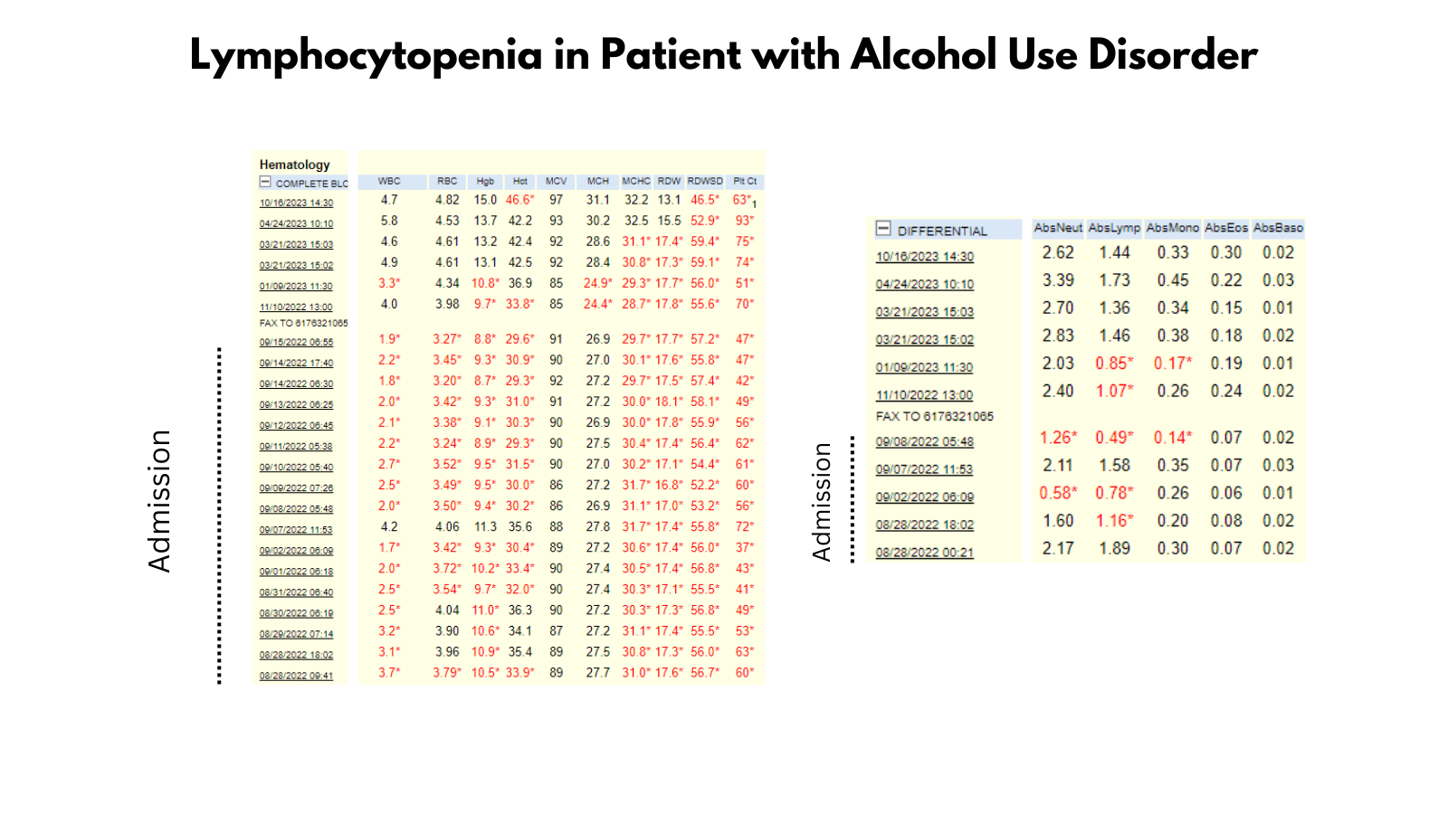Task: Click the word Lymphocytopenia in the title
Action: point(366,56)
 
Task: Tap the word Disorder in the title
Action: point(1172,56)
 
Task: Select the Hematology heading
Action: point(294,165)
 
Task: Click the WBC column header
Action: point(389,181)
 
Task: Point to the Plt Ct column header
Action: point(745,181)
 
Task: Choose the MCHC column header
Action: point(636,181)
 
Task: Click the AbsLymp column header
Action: point(1114,228)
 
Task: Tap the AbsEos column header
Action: point(1226,228)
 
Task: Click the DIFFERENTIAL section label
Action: point(942,231)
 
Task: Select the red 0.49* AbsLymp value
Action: point(1114,438)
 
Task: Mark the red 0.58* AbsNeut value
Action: point(1058,493)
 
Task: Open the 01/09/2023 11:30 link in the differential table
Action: point(924,367)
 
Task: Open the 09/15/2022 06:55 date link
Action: point(296,342)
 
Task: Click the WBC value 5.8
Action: point(389,221)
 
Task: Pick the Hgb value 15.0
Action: point(485,200)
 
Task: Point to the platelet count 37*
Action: point(745,547)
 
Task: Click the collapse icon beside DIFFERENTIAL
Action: point(883,230)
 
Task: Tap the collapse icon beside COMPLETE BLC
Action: point(265,182)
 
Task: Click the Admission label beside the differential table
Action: point(822,502)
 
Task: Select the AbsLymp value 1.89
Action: point(1114,549)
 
